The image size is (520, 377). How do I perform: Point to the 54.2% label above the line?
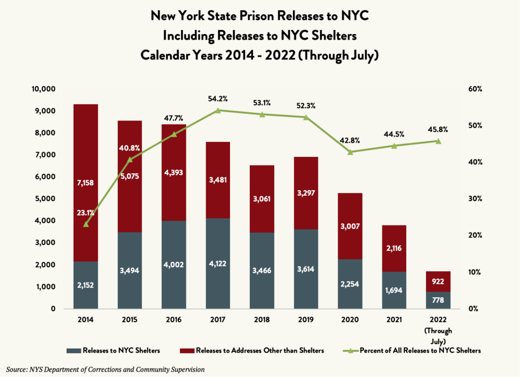click(x=218, y=98)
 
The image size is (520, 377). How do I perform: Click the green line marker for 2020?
click(x=350, y=152)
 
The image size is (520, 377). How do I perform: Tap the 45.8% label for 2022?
click(x=438, y=130)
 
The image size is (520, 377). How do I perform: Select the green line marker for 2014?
click(x=86, y=224)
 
